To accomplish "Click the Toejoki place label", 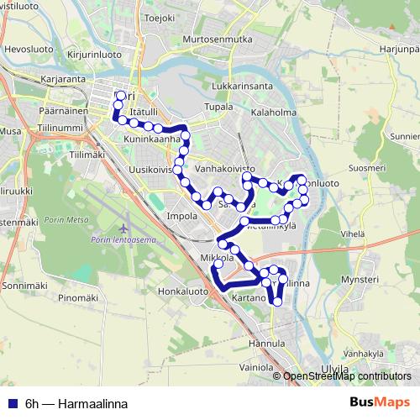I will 160,17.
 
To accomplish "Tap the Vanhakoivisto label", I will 224,169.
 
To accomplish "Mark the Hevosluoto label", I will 25,50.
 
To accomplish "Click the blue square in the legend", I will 12,404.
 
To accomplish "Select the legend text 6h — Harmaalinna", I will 76,404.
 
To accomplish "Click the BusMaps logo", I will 380,403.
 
